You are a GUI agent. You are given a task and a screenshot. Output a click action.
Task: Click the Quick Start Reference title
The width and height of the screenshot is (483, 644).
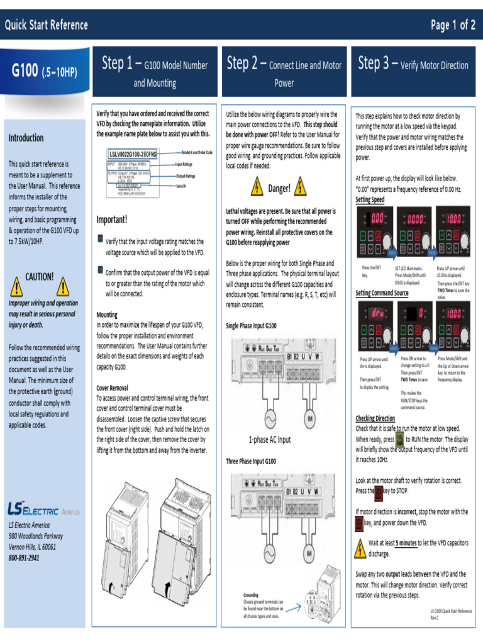47,26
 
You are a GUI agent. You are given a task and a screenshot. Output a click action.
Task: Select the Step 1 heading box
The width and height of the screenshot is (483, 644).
155,72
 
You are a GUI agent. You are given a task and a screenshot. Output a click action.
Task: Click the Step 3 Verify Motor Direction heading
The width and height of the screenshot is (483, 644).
413,64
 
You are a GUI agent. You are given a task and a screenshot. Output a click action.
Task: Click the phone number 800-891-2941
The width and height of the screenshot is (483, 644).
24,557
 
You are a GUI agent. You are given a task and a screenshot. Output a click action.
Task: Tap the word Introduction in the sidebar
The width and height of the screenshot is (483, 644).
26,138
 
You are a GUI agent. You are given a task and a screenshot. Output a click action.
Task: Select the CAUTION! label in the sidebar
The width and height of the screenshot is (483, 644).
39,277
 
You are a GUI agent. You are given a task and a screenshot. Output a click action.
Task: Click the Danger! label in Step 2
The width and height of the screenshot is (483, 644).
279,189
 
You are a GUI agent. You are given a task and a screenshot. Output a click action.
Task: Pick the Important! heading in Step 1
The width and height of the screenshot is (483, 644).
112,219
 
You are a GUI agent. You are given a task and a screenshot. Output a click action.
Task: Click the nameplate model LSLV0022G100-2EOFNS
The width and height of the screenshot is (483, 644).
133,153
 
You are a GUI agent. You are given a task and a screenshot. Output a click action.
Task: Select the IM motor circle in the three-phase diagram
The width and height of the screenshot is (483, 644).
309,553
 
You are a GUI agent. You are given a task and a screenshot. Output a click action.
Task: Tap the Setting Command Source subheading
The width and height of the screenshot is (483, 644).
382,293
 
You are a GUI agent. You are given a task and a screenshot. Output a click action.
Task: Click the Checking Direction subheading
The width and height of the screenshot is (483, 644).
375,418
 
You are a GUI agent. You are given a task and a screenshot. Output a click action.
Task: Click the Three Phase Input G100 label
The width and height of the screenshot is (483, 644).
251,461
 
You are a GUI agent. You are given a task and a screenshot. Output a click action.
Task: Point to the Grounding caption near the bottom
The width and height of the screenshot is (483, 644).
251,594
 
